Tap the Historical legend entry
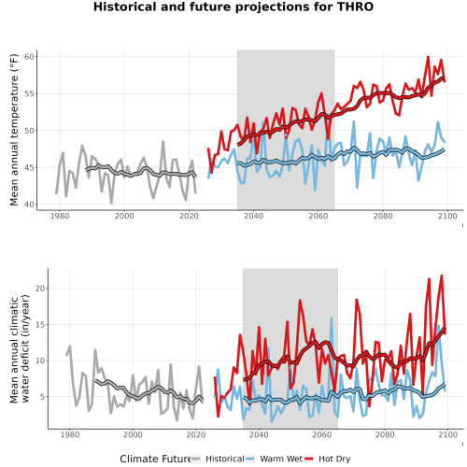click(218, 459)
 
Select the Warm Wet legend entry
click(274, 459)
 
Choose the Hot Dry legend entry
click(328, 459)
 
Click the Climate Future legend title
click(155, 459)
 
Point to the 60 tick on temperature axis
click(31, 57)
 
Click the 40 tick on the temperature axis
click(31, 205)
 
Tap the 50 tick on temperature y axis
click(31, 131)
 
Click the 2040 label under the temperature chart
click(253, 216)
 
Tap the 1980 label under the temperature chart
click(60, 216)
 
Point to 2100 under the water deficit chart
click(447, 434)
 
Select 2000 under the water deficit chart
click(133, 434)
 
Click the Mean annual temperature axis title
click(14, 130)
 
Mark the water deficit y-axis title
click(20, 349)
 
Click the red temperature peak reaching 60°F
click(428, 57)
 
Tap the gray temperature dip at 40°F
click(111, 203)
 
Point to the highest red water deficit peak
click(441, 276)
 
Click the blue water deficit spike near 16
click(332, 318)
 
